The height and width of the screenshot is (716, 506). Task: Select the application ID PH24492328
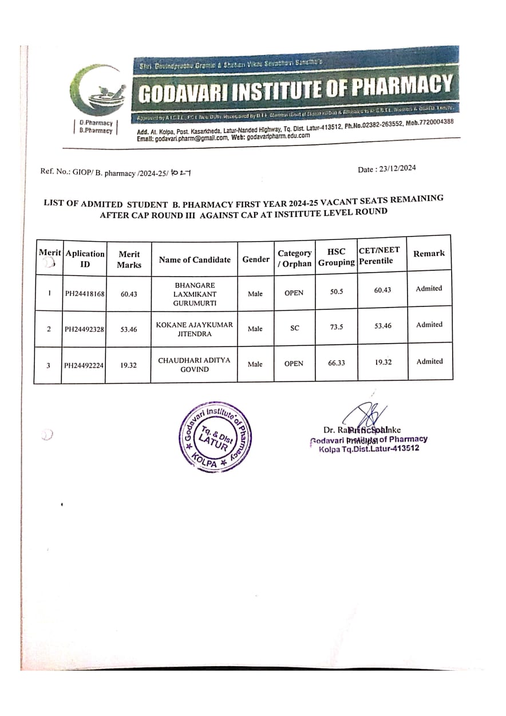(84, 329)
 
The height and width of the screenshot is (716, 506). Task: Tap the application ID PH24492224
(84, 365)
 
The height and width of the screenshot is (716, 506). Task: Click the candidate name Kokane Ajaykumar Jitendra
(194, 329)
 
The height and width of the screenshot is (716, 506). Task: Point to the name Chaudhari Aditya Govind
(194, 364)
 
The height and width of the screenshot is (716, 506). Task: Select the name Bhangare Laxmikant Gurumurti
(194, 293)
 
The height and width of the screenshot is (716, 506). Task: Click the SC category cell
(294, 328)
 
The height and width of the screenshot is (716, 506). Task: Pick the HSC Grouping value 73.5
(336, 328)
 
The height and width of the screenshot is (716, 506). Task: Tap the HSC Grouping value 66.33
(336, 363)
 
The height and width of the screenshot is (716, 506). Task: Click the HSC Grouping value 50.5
(336, 292)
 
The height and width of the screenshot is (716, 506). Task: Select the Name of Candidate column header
(195, 259)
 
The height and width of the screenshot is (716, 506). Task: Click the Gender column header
(255, 259)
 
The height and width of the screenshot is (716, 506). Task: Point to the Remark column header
(429, 253)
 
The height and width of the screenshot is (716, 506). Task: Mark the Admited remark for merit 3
(429, 361)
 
